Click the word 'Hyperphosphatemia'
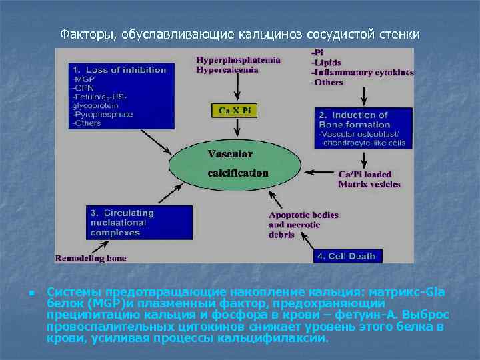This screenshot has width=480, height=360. [x=237, y=59]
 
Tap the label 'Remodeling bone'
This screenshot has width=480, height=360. [x=91, y=258]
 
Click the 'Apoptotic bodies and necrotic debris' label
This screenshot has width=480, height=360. [x=303, y=225]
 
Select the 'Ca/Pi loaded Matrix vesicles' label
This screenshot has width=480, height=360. [x=369, y=179]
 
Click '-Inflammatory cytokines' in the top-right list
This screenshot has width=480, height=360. [x=361, y=73]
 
